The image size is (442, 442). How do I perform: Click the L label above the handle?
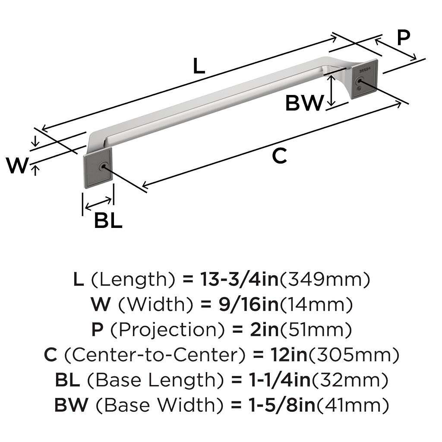click(199, 66)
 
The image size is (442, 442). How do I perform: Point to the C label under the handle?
click(279, 155)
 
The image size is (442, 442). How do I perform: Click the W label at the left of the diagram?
click(17, 165)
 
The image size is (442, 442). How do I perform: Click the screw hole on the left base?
click(103, 167)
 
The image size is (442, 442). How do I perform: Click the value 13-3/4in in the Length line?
click(239, 279)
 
